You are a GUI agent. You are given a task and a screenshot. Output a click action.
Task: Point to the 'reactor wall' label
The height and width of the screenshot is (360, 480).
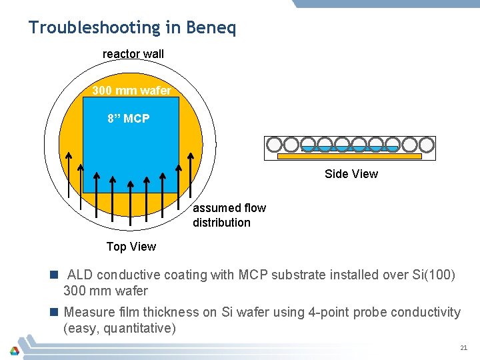tap(133, 54)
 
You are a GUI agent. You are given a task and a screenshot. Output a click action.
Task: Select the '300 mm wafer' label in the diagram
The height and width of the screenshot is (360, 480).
tap(131, 91)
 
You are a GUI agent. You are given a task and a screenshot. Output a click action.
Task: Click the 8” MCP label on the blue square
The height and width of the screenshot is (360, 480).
tap(129, 119)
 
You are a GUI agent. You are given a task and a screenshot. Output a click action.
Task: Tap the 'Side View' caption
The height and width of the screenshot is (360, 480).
tap(351, 174)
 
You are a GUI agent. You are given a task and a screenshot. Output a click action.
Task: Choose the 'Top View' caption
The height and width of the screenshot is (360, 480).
tap(131, 247)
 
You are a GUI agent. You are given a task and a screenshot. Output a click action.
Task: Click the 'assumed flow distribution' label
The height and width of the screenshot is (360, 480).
tap(229, 215)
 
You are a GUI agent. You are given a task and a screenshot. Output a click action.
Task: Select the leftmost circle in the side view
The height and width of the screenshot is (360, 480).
tap(273, 144)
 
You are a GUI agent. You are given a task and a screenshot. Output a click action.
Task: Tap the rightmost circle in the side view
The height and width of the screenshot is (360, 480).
tap(427, 144)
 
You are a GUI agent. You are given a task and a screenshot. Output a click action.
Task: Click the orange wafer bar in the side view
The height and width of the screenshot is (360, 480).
tap(349, 157)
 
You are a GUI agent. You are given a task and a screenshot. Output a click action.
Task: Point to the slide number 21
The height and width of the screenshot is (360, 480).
tap(463, 348)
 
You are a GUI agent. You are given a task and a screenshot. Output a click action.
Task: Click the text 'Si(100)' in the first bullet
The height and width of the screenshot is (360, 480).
tap(433, 275)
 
